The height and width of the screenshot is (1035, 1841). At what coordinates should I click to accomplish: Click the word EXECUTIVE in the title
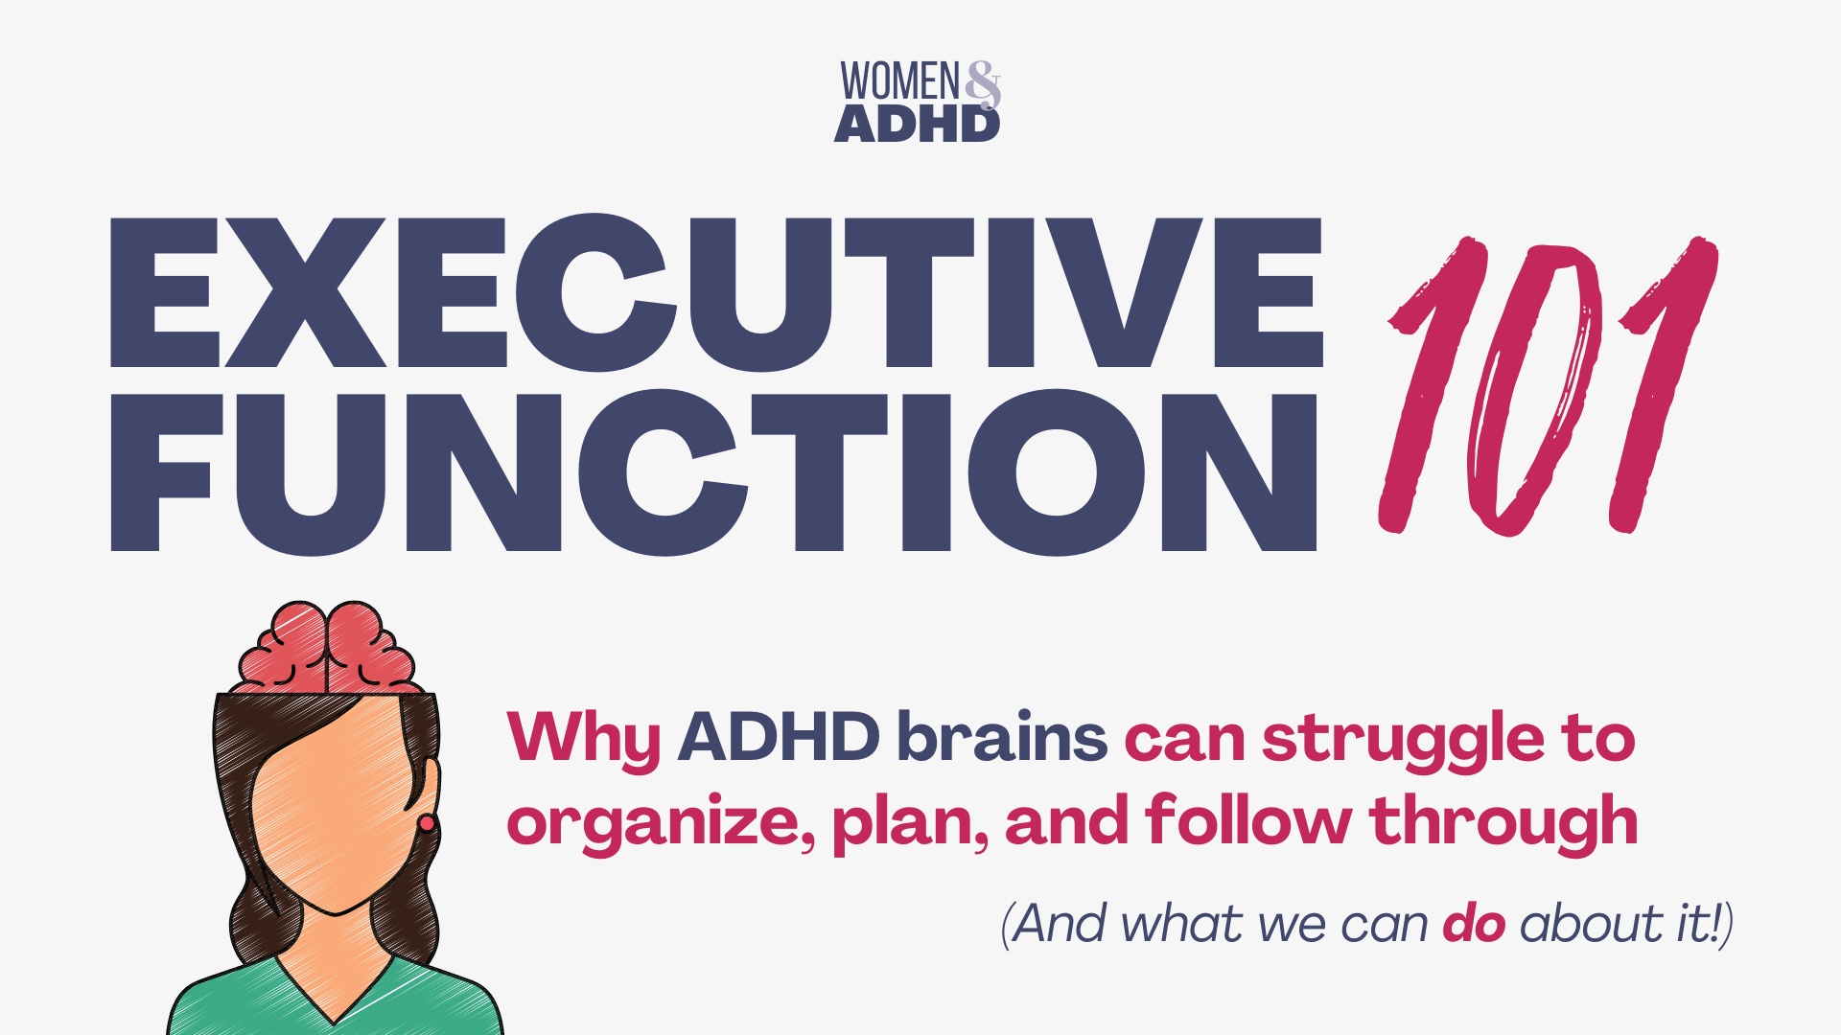point(716,292)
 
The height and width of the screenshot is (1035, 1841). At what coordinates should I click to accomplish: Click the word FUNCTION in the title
point(714,471)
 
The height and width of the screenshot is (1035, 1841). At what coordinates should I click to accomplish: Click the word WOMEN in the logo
point(899,81)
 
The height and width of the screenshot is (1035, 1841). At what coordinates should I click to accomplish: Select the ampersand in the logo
point(983,84)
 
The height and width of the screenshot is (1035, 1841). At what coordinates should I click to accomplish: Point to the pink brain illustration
point(327,648)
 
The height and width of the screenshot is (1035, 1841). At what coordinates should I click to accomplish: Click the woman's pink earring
point(427,823)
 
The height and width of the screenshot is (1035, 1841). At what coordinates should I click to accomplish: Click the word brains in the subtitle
point(1002,737)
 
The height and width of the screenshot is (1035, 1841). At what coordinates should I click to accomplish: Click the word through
point(1504,823)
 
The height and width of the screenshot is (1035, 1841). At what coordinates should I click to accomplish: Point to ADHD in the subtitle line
point(779,737)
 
